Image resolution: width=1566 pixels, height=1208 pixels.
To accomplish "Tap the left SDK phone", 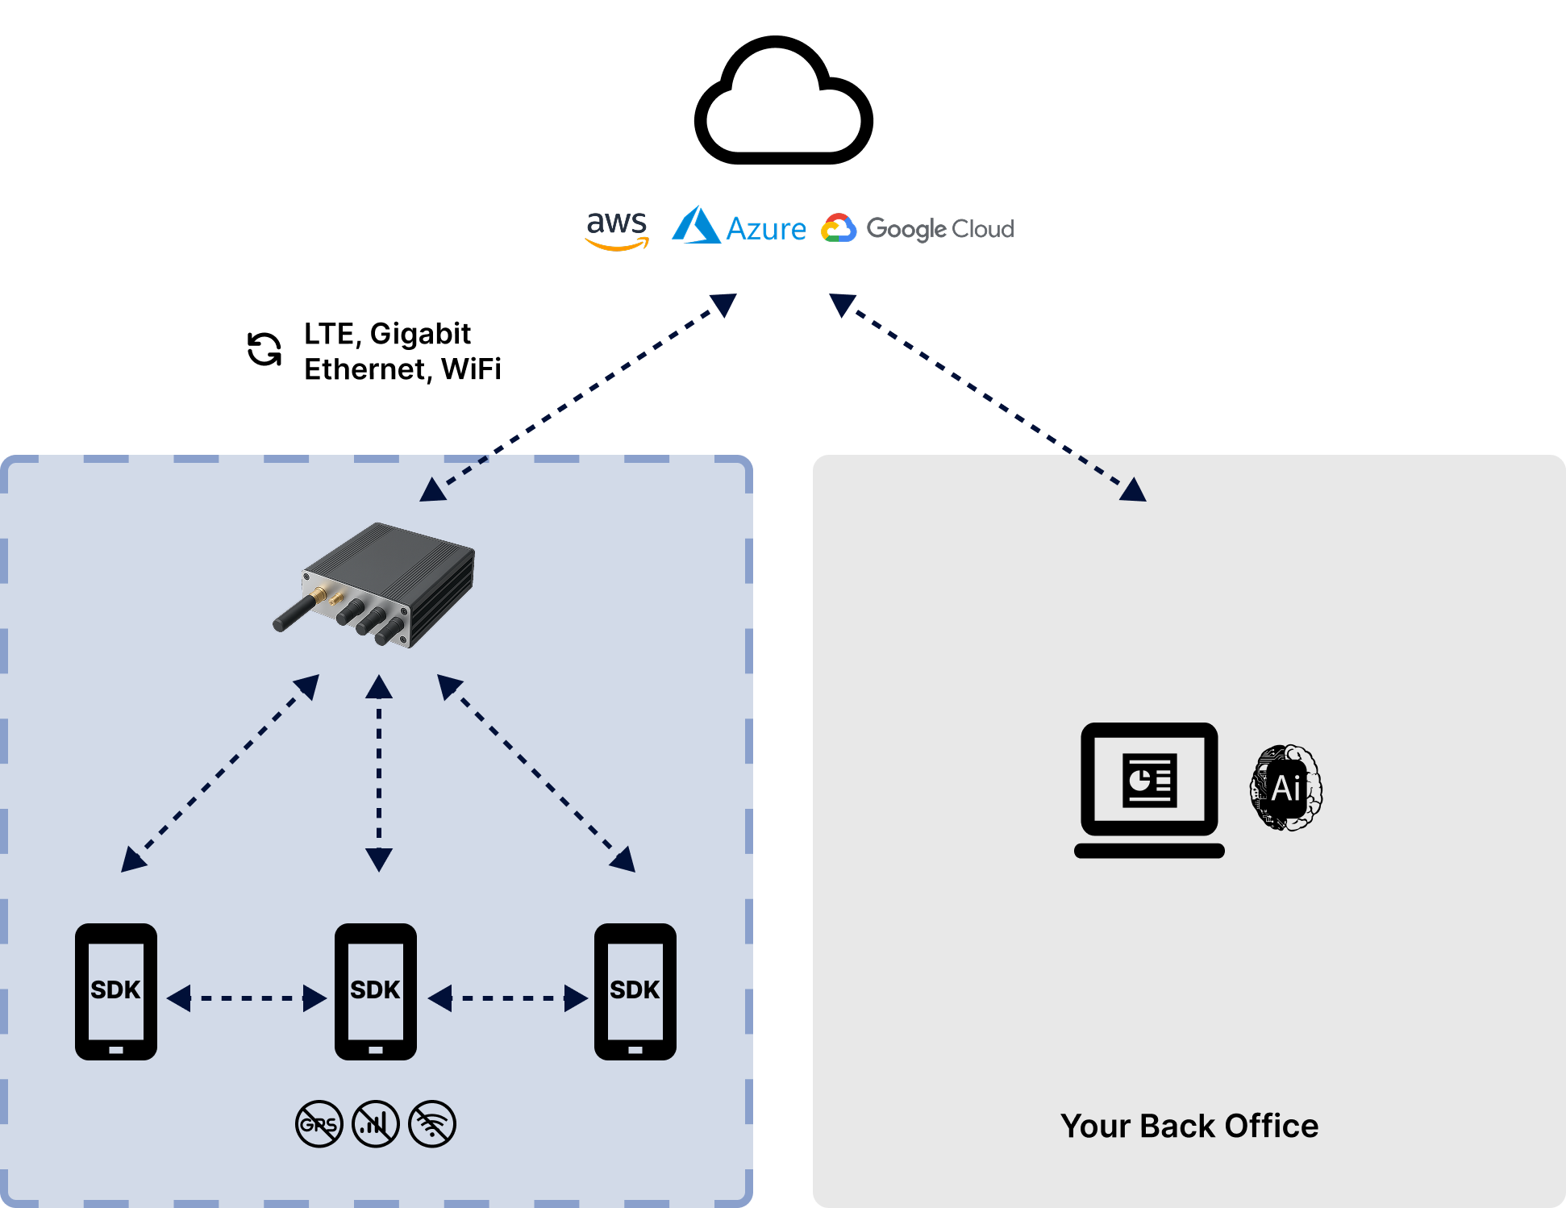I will tap(116, 991).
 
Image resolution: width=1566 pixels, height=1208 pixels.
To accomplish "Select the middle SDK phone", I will tap(376, 991).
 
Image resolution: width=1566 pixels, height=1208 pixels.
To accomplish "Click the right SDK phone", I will tap(635, 991).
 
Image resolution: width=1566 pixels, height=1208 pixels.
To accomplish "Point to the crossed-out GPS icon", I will tap(319, 1124).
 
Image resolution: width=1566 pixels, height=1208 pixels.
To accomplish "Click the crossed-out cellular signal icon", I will tap(376, 1124).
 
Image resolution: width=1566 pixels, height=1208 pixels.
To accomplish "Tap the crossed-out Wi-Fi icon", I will tap(432, 1124).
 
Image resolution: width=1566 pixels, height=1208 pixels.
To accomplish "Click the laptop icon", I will tap(1149, 789).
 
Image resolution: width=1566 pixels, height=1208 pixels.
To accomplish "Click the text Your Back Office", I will tap(1189, 1126).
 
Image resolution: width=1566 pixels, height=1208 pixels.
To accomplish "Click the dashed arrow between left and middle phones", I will tap(247, 998).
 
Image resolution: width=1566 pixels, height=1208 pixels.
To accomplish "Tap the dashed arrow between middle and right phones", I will tap(508, 998).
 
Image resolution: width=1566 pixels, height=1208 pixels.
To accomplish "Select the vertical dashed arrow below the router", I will tap(379, 774).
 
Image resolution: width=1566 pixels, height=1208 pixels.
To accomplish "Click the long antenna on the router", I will tap(295, 612).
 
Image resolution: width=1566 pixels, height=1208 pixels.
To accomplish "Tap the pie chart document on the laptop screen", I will tap(1149, 780).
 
